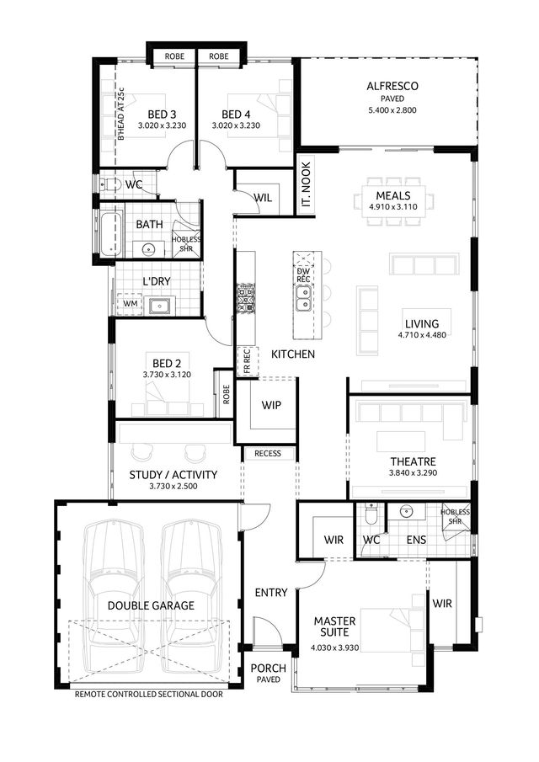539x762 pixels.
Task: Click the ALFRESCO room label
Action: click(x=392, y=86)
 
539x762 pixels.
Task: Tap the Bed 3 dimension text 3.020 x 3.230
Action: click(x=162, y=125)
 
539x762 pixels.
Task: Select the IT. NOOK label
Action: click(x=307, y=184)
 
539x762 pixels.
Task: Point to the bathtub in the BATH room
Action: click(x=110, y=232)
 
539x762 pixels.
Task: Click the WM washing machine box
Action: click(x=130, y=304)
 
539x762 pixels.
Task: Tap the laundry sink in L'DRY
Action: click(x=159, y=306)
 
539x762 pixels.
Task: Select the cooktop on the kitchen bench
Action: click(x=246, y=298)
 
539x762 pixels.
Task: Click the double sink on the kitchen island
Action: click(x=303, y=298)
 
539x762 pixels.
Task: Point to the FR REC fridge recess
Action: click(x=246, y=361)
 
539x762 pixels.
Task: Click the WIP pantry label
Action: click(x=270, y=405)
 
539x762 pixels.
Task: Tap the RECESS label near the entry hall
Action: click(x=268, y=453)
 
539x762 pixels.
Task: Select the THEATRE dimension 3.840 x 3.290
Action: click(x=414, y=473)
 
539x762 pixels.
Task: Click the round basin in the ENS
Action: click(x=406, y=511)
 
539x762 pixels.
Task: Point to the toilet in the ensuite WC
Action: click(x=371, y=514)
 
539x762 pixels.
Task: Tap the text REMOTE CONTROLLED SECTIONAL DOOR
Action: click(x=149, y=695)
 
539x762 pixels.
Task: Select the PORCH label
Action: click(x=269, y=669)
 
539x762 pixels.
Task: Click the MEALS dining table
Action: click(x=393, y=201)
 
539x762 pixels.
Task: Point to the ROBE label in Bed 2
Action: click(x=226, y=395)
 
